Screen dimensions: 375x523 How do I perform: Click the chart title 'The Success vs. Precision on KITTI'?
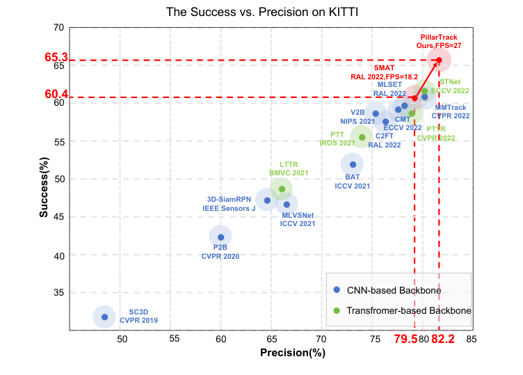coord(261,13)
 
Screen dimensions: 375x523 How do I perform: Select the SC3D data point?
coord(104,317)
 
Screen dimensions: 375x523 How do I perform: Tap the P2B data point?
coord(220,237)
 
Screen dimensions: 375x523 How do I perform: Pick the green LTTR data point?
coord(282,189)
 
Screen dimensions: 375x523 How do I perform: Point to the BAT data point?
coord(353,164)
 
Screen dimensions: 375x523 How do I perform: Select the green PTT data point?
coord(362,137)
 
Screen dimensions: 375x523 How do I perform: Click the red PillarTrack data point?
coord(439,60)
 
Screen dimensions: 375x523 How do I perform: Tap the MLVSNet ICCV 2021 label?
coord(298,218)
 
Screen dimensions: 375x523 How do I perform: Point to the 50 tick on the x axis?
coord(121,340)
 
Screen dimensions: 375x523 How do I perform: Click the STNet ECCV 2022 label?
coord(455,86)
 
